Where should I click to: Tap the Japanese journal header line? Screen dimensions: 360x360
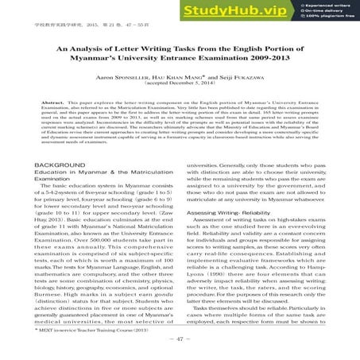(x=63, y=15)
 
